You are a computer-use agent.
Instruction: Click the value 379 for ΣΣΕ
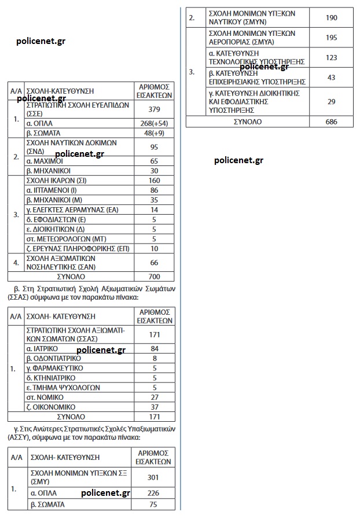(x=154, y=110)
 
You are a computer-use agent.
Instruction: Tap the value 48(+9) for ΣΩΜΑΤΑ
(x=154, y=132)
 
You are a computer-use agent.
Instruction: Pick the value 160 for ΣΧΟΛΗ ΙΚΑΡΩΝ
(x=154, y=180)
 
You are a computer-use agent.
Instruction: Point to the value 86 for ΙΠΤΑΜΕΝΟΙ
(x=154, y=190)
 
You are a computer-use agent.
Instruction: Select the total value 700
(x=154, y=277)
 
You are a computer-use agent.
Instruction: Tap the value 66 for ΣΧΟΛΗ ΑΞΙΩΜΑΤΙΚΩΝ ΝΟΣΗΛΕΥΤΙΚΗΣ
(x=154, y=263)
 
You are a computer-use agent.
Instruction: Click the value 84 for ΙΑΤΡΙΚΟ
(x=154, y=348)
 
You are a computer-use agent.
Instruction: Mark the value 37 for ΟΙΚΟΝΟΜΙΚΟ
(x=154, y=407)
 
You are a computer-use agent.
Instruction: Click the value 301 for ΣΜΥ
(x=153, y=477)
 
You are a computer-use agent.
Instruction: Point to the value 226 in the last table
(x=153, y=493)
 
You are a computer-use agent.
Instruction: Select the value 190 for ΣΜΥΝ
(x=331, y=18)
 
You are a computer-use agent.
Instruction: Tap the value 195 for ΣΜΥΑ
(x=331, y=38)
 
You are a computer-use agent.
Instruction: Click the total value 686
(x=331, y=122)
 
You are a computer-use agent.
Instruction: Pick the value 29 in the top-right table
(x=331, y=102)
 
